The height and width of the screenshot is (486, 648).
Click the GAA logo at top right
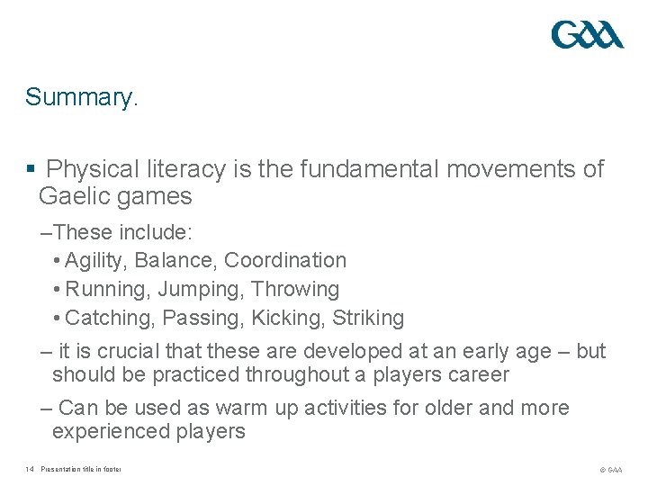pyautogui.click(x=587, y=35)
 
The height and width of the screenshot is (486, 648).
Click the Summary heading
pyautogui.click(x=82, y=97)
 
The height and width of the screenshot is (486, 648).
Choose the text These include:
pyautogui.click(x=122, y=232)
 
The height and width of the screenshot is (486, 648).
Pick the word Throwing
pyautogui.click(x=295, y=290)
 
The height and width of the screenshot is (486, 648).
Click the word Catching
pyautogui.click(x=104, y=319)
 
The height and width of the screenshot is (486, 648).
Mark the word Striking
pyautogui.click(x=368, y=319)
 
